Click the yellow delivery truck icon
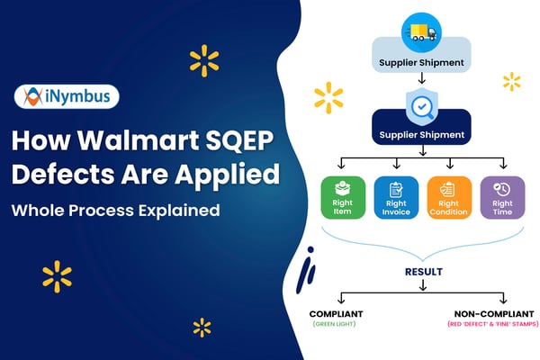[419, 32]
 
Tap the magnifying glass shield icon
[419, 105]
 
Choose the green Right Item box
[343, 198]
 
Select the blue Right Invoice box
[395, 198]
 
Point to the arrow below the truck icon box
[419, 80]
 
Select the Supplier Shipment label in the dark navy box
[420, 135]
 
